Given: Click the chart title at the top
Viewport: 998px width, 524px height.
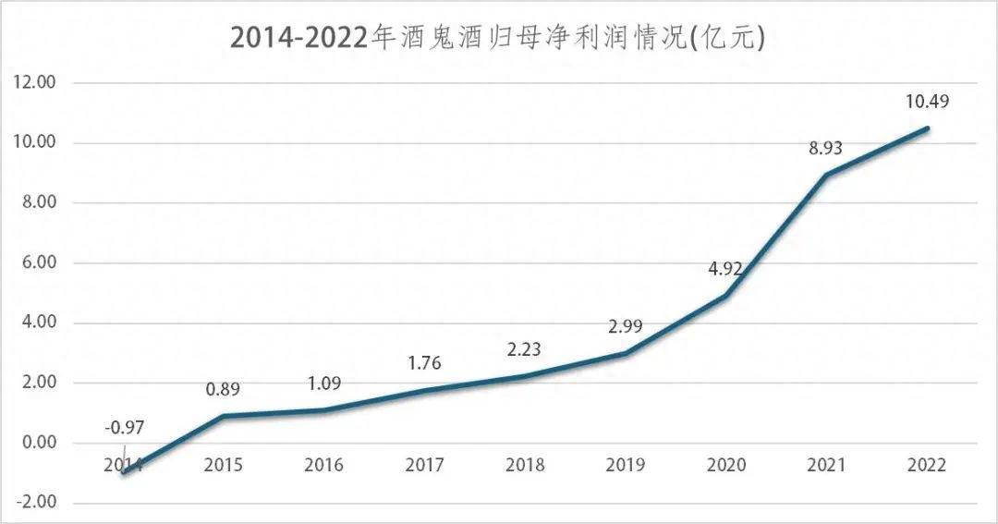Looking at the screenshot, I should click(x=499, y=36).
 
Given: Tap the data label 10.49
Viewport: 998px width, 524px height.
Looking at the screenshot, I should click(x=927, y=102).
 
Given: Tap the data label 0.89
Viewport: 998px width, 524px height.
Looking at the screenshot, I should click(x=223, y=389).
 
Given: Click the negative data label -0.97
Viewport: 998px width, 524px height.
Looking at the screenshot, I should click(x=124, y=428).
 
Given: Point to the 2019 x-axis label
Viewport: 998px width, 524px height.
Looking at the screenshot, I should click(x=626, y=465).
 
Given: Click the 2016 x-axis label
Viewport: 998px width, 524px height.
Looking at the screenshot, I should click(x=323, y=465).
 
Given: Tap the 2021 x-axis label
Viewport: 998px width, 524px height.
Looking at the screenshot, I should click(x=827, y=465).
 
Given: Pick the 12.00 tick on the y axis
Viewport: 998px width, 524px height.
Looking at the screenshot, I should click(x=36, y=83).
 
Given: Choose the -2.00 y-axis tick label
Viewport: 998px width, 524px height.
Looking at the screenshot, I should click(x=36, y=504).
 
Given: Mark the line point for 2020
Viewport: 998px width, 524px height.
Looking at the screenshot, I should click(x=726, y=296).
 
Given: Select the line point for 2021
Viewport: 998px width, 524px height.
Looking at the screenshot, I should click(x=827, y=175).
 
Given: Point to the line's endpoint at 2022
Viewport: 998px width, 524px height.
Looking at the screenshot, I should click(x=928, y=128).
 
